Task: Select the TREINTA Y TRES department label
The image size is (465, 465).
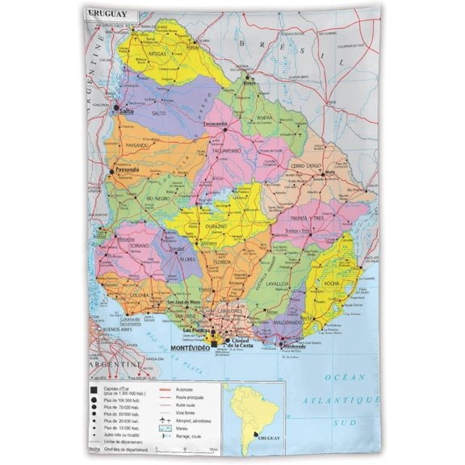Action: point(307,218)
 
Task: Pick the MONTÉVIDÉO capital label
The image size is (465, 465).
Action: point(191,347)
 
